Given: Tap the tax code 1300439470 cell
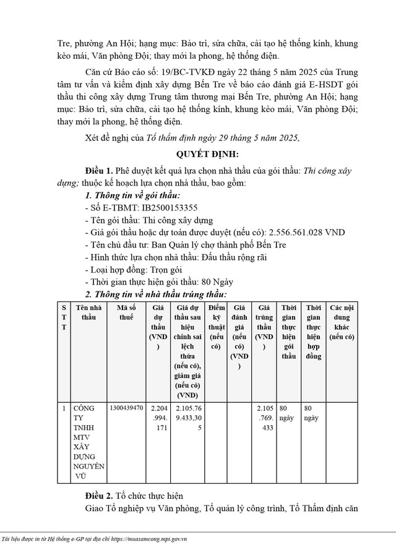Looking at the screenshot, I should tap(126, 409).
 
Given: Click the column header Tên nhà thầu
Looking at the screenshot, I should tap(89, 312).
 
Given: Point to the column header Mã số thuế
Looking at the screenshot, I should tap(126, 312).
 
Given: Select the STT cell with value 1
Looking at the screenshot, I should tap(64, 409).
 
